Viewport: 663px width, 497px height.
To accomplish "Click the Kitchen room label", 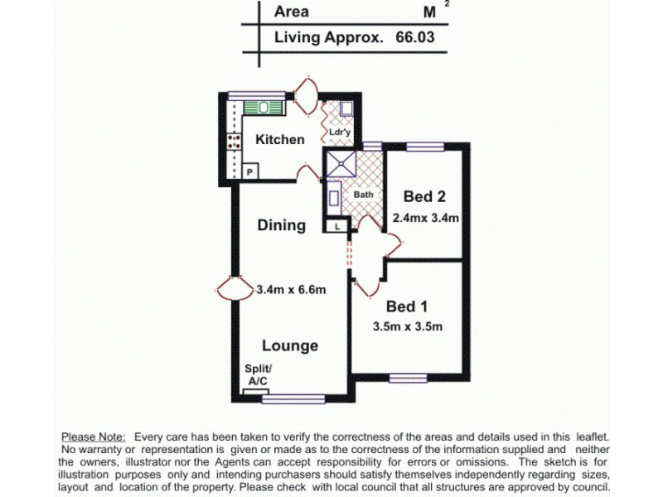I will pyautogui.click(x=279, y=140).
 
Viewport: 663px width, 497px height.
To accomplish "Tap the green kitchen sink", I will pyautogui.click(x=264, y=108).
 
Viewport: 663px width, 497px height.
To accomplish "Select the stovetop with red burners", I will pyautogui.click(x=234, y=140).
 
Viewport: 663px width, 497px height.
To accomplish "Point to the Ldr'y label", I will pyautogui.click(x=339, y=132).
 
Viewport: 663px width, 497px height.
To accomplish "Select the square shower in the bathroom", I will pyautogui.click(x=341, y=165).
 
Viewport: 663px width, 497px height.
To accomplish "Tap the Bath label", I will pyautogui.click(x=364, y=195).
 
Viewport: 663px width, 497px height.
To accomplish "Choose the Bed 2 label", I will pyautogui.click(x=424, y=196).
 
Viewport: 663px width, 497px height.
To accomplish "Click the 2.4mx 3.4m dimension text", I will pyautogui.click(x=426, y=218).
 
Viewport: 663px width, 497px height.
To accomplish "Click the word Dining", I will pyautogui.click(x=281, y=225).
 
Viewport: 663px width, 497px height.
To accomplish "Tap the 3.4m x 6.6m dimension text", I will pyautogui.click(x=291, y=289).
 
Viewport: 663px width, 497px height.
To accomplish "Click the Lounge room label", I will pyautogui.click(x=290, y=345).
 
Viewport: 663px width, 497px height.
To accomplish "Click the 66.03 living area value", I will pyautogui.click(x=414, y=37).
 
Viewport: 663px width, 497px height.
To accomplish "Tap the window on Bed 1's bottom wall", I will pyautogui.click(x=412, y=379).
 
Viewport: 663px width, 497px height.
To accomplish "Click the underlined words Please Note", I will pyautogui.click(x=93, y=436).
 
